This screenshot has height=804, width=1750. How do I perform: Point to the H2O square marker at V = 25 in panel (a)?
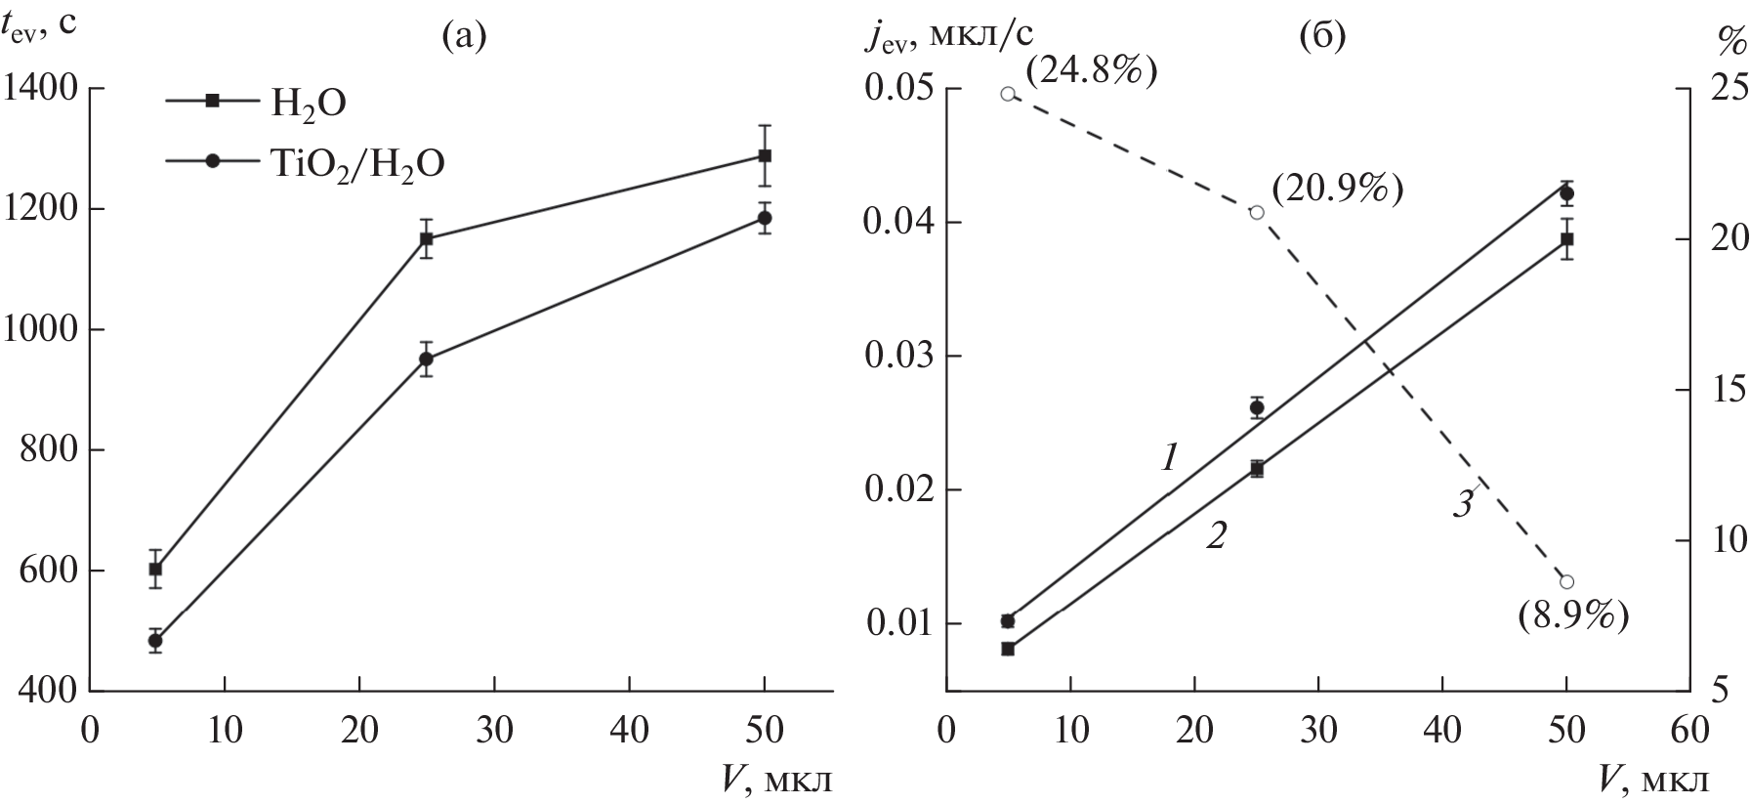coord(426,238)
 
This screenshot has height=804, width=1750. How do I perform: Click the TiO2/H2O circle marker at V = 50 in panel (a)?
coord(765,218)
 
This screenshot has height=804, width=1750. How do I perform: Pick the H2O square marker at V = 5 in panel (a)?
coord(155,569)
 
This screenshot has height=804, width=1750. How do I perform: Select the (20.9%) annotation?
coord(1337,190)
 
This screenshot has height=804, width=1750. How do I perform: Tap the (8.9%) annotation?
coord(1573,616)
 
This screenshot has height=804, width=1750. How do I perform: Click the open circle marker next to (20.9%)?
coord(1257,212)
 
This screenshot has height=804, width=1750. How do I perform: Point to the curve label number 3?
coord(1462,504)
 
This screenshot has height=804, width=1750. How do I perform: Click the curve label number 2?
coord(1216,534)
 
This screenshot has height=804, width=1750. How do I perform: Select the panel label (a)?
coord(463,36)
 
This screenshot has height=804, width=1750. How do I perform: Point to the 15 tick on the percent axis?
coord(1725,390)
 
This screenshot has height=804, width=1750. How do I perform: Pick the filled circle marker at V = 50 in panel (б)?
coord(1566,194)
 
